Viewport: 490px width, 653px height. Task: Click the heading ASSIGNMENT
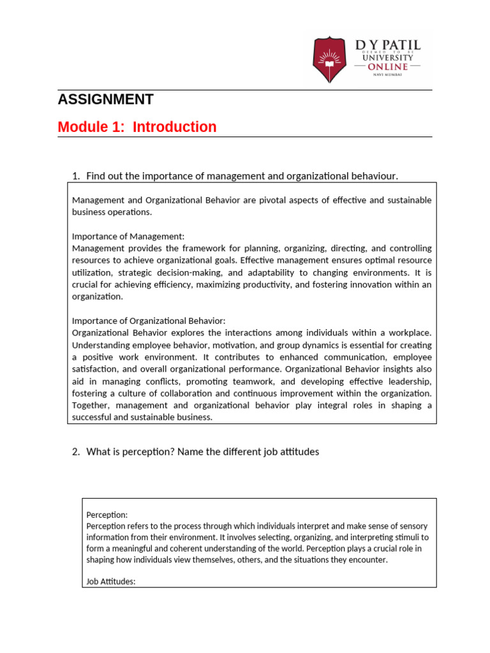(105, 99)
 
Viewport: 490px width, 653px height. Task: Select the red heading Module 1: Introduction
(137, 127)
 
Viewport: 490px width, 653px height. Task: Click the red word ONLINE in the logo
(388, 66)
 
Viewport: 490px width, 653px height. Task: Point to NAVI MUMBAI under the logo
(388, 75)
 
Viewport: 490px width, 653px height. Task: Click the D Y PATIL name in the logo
(387, 45)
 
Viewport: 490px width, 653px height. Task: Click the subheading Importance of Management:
(128, 236)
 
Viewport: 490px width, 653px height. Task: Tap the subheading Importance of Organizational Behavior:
(149, 321)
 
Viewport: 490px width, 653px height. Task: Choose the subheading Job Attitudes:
(110, 582)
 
